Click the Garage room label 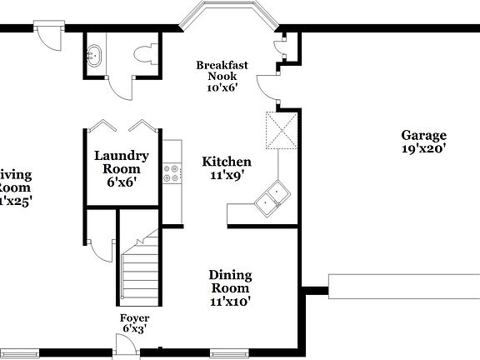coord(423,135)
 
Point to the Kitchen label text coord(227,162)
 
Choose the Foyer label coord(134,317)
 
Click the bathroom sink coord(93,55)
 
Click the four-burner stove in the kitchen coord(173,173)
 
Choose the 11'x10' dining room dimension coord(230,302)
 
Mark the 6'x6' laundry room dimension coord(122,181)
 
